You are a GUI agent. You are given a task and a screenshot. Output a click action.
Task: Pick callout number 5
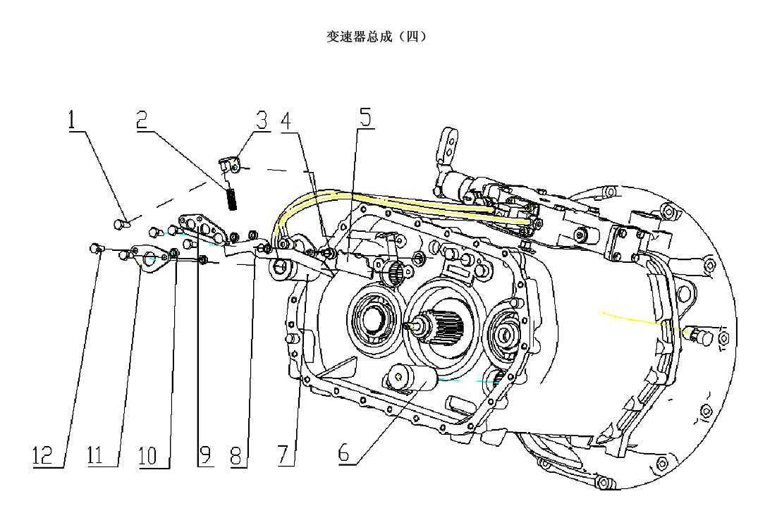[x=365, y=117]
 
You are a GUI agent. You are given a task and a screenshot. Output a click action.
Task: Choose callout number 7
[x=283, y=455]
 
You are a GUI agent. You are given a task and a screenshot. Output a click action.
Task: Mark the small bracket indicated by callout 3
[x=228, y=166]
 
